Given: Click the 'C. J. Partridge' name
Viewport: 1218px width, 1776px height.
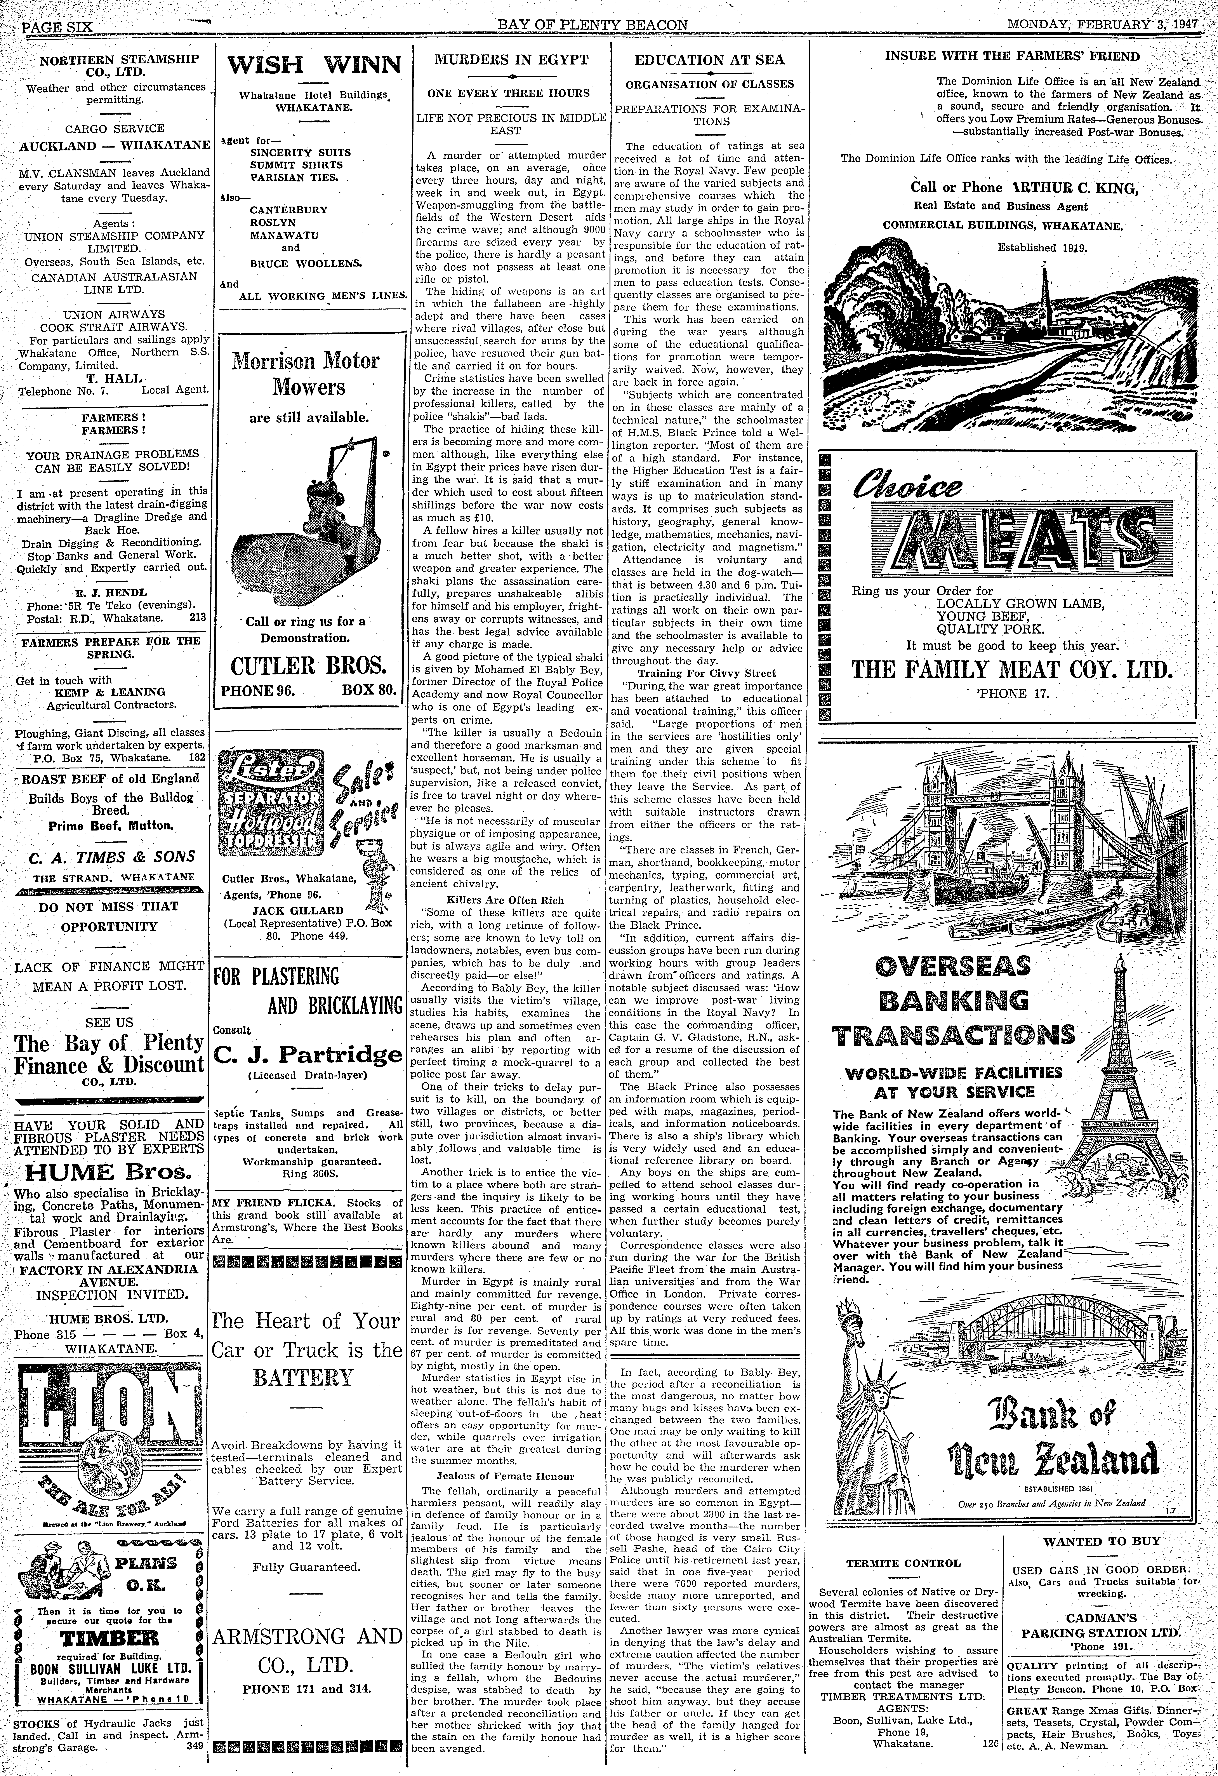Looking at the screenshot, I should tap(308, 1055).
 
